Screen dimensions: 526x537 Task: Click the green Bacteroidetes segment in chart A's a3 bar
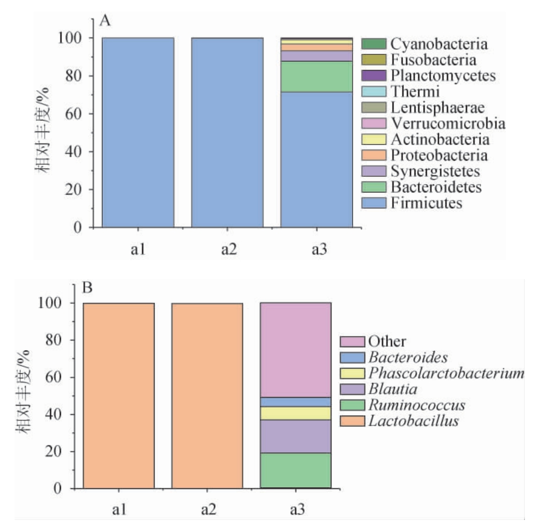316,77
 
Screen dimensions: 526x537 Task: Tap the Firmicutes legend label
426,203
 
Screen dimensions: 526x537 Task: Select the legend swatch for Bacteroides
349,358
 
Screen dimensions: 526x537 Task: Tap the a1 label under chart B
119,510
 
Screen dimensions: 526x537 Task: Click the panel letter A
105,21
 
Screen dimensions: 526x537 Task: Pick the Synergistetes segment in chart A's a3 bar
316,56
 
